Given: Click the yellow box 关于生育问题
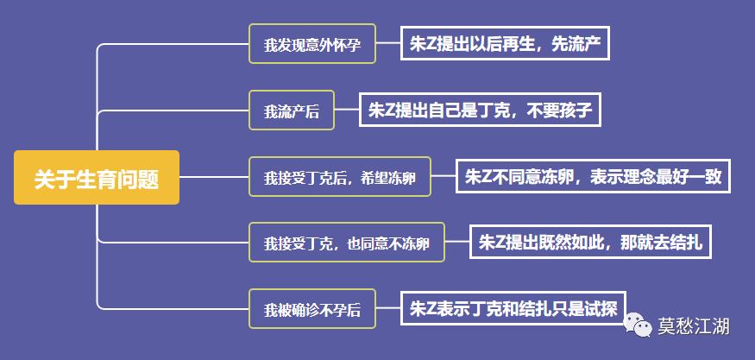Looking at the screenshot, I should point(97,178).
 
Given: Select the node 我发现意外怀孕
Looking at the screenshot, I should point(312,45).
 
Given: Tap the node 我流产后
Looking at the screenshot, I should point(291,111).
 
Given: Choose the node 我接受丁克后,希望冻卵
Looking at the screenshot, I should point(340,178).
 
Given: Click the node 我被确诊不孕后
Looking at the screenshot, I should point(312,309).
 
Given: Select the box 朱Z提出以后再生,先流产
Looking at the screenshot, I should point(505,44).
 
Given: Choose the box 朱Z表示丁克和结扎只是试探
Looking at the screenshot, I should point(505,308).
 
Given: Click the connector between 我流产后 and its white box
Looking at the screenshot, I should point(346,111).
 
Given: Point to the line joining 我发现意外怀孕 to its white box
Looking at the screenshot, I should point(388,45).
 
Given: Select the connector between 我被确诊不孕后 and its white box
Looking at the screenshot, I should point(388,309).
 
